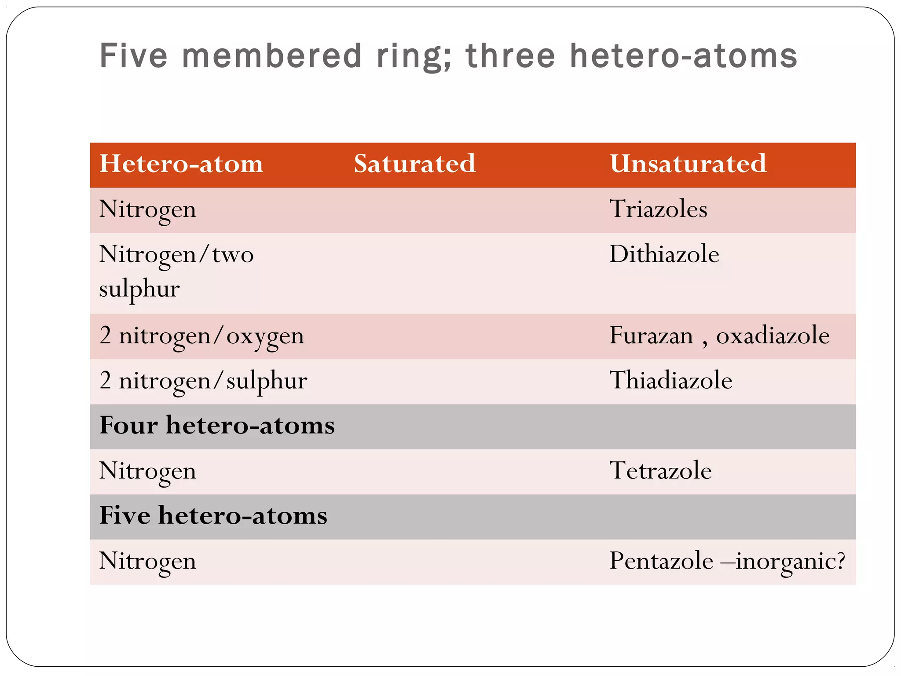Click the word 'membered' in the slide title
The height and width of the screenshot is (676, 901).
(x=271, y=56)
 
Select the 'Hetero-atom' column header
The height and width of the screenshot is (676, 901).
(x=181, y=164)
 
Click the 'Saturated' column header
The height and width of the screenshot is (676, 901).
(x=414, y=164)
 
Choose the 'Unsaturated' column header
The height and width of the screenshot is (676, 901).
(x=688, y=164)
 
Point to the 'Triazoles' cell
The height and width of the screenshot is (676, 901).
(x=658, y=209)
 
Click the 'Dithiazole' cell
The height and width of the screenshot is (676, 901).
(x=664, y=254)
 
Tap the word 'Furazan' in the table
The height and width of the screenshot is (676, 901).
(x=651, y=336)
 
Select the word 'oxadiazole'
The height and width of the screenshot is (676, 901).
(x=773, y=336)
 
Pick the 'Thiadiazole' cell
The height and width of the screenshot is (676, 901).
(x=670, y=381)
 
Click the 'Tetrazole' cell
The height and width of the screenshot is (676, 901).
(x=660, y=470)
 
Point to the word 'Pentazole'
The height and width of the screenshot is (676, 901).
(x=661, y=561)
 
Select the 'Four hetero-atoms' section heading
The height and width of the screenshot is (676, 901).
(x=217, y=426)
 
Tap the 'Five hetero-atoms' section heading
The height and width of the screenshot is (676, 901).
(x=213, y=515)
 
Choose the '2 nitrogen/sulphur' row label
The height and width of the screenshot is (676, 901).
(x=203, y=381)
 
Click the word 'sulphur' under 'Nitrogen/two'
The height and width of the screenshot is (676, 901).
(x=139, y=290)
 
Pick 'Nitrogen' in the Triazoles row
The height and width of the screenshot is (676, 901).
(x=147, y=209)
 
